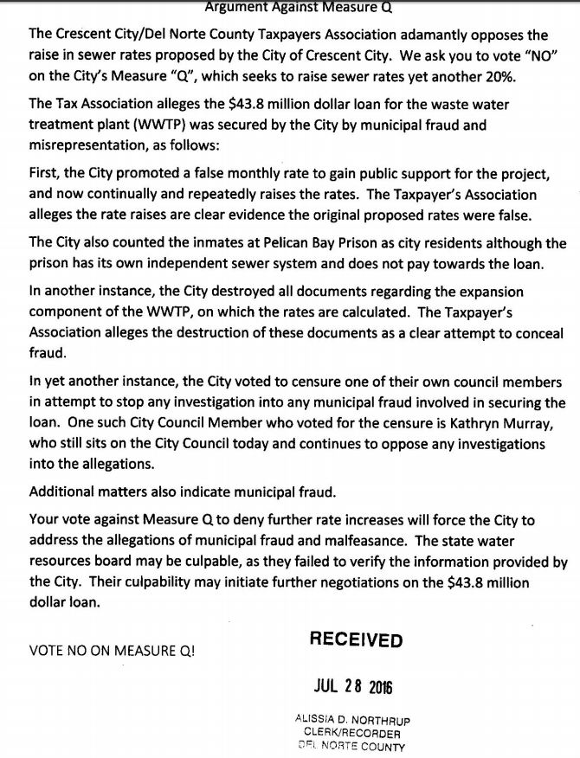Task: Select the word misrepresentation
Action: (88, 144)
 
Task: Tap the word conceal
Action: (538, 334)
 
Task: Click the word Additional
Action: (62, 491)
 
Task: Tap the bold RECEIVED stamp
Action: (356, 640)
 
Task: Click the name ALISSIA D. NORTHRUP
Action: (351, 719)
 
